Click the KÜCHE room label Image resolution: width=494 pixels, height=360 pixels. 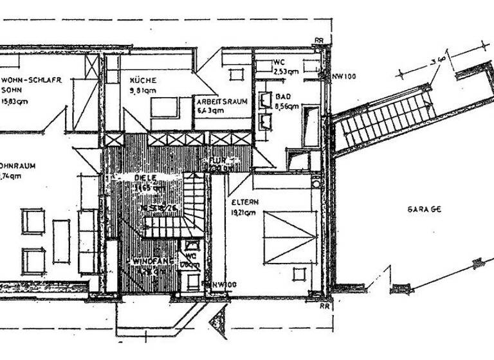143,80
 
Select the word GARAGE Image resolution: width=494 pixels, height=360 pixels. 424,210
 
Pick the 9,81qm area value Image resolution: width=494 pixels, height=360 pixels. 143,91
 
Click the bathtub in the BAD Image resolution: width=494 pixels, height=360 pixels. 311,126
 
